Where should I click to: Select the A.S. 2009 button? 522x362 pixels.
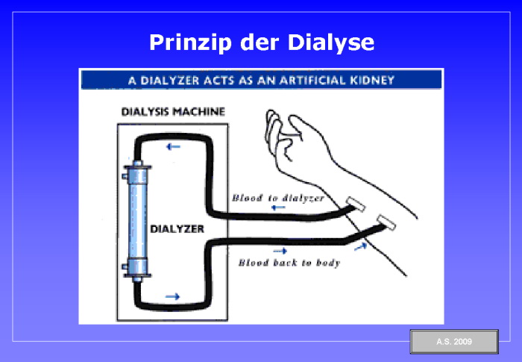coord(453,342)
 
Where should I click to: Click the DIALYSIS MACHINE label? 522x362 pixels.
coord(173,112)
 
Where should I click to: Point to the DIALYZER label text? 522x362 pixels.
coord(177,228)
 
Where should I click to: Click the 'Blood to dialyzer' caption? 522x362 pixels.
coord(277,198)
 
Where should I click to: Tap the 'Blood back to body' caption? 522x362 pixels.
coord(289,263)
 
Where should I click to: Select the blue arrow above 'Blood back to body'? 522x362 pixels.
coord(280,252)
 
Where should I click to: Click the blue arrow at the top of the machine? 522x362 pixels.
coord(173,146)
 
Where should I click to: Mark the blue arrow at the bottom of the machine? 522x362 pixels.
coord(172,296)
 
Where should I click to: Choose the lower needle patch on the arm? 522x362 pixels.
coord(387,220)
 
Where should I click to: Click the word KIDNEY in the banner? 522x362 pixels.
coord(369,78)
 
